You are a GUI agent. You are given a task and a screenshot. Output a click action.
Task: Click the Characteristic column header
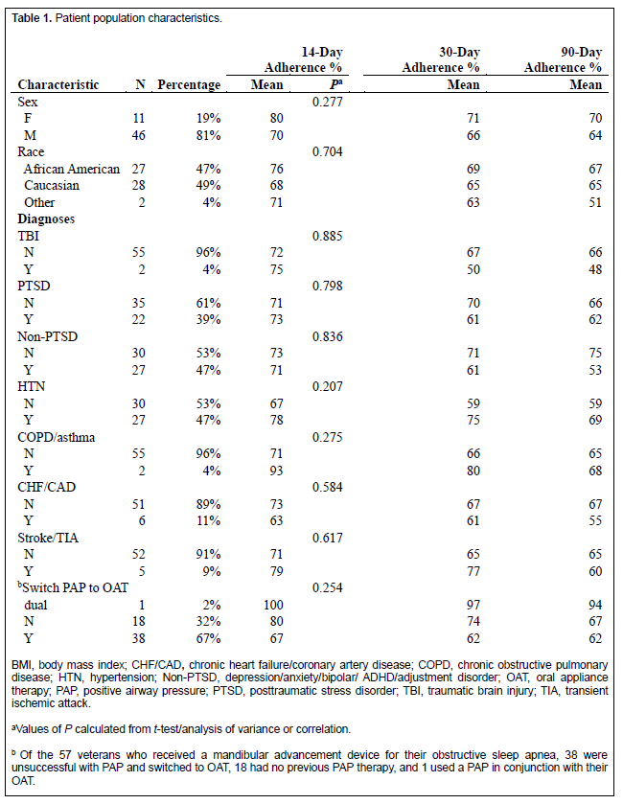coord(58,84)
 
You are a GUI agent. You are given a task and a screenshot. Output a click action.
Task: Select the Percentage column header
coord(189,84)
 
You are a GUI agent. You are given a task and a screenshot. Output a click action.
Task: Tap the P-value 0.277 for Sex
coord(327,102)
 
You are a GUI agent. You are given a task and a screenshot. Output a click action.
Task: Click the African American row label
coord(71,169)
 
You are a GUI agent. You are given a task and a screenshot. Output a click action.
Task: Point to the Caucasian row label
coord(52,185)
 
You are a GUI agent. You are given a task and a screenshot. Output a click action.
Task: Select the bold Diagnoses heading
coord(46,218)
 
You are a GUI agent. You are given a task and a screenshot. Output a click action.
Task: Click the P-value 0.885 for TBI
coord(327,236)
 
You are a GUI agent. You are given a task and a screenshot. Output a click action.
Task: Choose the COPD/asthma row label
coord(56,437)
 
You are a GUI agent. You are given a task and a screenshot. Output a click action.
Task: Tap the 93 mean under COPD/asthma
coord(276,471)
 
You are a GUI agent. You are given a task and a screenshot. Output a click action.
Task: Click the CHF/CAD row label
coord(47,487)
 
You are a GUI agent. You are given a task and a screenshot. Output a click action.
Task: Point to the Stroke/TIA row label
coord(48,538)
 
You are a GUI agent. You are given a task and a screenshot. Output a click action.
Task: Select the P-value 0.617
coord(327,538)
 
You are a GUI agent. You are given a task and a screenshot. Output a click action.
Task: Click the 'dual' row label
coord(35,605)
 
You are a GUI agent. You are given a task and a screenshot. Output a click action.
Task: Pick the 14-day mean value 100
coord(273,605)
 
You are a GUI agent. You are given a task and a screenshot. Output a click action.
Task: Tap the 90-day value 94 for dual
coord(595,605)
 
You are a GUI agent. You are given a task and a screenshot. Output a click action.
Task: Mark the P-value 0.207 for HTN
coord(327,386)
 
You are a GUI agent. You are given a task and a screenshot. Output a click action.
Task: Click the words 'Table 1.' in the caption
coord(32,18)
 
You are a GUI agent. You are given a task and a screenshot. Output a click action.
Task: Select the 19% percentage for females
coord(208,118)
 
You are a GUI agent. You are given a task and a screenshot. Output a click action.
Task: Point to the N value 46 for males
coord(138,135)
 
